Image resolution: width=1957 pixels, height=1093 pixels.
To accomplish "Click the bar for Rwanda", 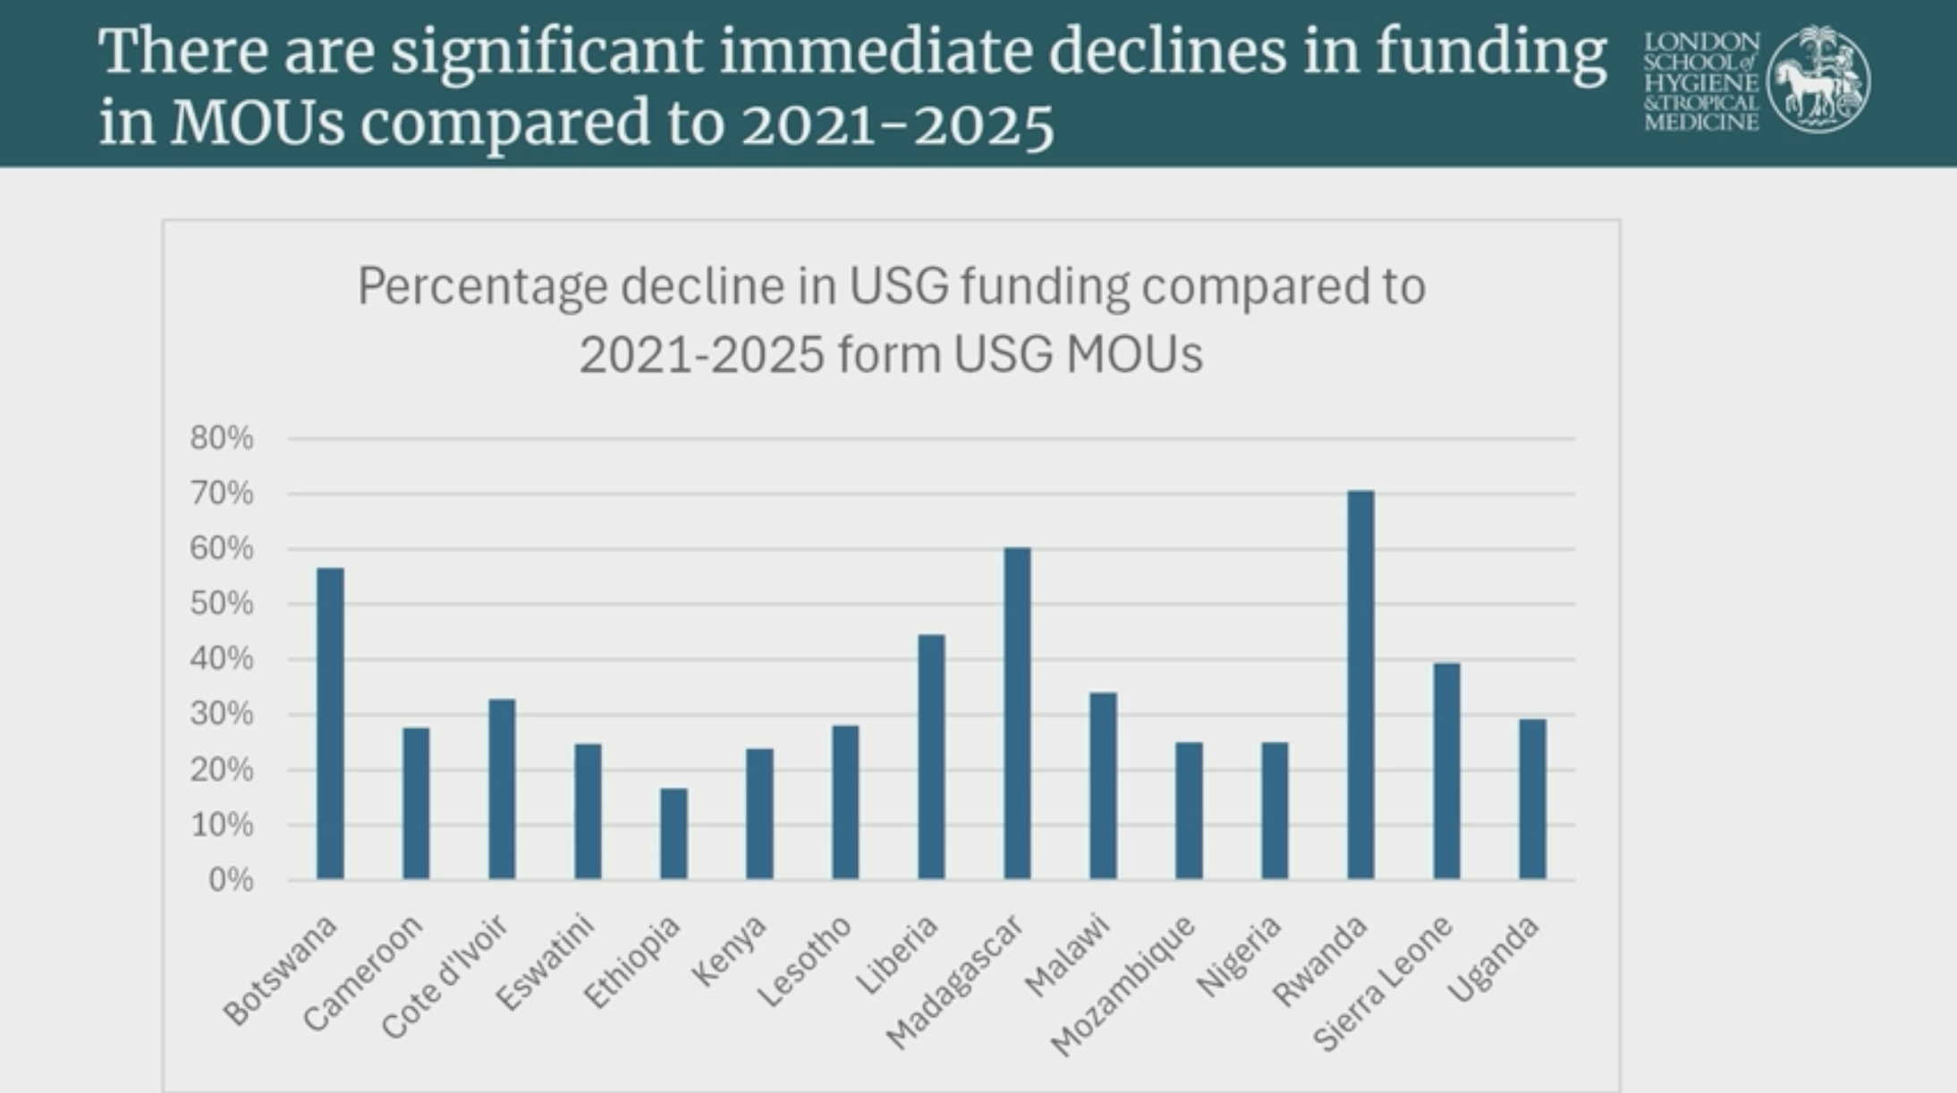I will click(1360, 685).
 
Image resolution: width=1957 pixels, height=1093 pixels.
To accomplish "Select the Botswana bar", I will click(330, 724).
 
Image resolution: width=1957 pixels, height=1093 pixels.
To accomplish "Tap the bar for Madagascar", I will click(1017, 713).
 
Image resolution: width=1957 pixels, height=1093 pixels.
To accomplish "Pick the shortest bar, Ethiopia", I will click(674, 834).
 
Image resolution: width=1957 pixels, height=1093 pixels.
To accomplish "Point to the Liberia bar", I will click(931, 757).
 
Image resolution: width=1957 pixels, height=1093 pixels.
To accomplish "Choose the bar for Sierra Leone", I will click(1446, 771).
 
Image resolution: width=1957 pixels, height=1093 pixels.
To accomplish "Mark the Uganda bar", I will click(1532, 799).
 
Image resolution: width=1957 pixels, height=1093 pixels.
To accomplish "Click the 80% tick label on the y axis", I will click(221, 438).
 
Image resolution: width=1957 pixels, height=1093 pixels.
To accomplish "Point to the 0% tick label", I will click(230, 880).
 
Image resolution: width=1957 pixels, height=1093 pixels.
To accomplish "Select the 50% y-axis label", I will click(221, 604).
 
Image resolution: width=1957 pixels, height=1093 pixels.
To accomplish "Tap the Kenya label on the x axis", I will click(730, 951).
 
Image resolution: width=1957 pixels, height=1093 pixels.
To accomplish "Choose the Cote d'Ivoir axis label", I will click(445, 977).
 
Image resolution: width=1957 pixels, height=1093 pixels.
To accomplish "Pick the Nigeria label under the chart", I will click(1239, 956).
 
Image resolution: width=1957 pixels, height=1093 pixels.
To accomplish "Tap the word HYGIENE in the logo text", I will click(1701, 82).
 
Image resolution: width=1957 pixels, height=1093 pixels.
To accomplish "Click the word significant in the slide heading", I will click(546, 51).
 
